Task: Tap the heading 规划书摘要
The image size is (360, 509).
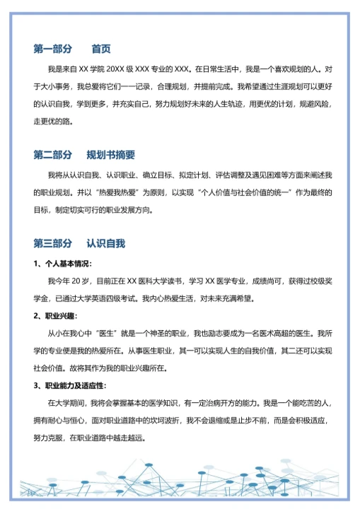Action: [111, 155]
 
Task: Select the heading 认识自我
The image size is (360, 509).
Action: [106, 243]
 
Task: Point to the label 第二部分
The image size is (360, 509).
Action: [53, 155]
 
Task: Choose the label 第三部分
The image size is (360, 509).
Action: [53, 243]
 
